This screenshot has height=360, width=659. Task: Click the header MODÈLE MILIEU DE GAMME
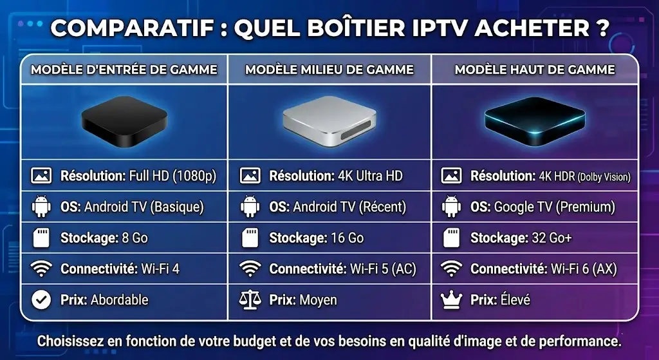coord(329,70)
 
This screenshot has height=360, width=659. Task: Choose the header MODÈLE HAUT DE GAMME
coord(535,70)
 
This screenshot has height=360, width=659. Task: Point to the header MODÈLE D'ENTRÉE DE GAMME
coord(124,70)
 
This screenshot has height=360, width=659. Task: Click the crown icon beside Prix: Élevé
coord(453,299)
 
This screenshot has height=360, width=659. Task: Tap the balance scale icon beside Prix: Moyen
coord(250,299)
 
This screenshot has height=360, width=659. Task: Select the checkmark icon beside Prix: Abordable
coord(41,299)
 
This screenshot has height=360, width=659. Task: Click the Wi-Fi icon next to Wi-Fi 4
coord(41,269)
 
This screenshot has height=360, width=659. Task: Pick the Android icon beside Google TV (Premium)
coord(453,207)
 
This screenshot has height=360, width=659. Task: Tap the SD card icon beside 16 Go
coord(250,238)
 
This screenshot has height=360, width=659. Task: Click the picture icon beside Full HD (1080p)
coord(41,176)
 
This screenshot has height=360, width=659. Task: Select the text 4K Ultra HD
coord(371,176)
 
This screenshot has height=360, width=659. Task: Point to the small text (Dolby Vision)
coord(603,177)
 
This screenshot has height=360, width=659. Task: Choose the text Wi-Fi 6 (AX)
coord(585,269)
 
